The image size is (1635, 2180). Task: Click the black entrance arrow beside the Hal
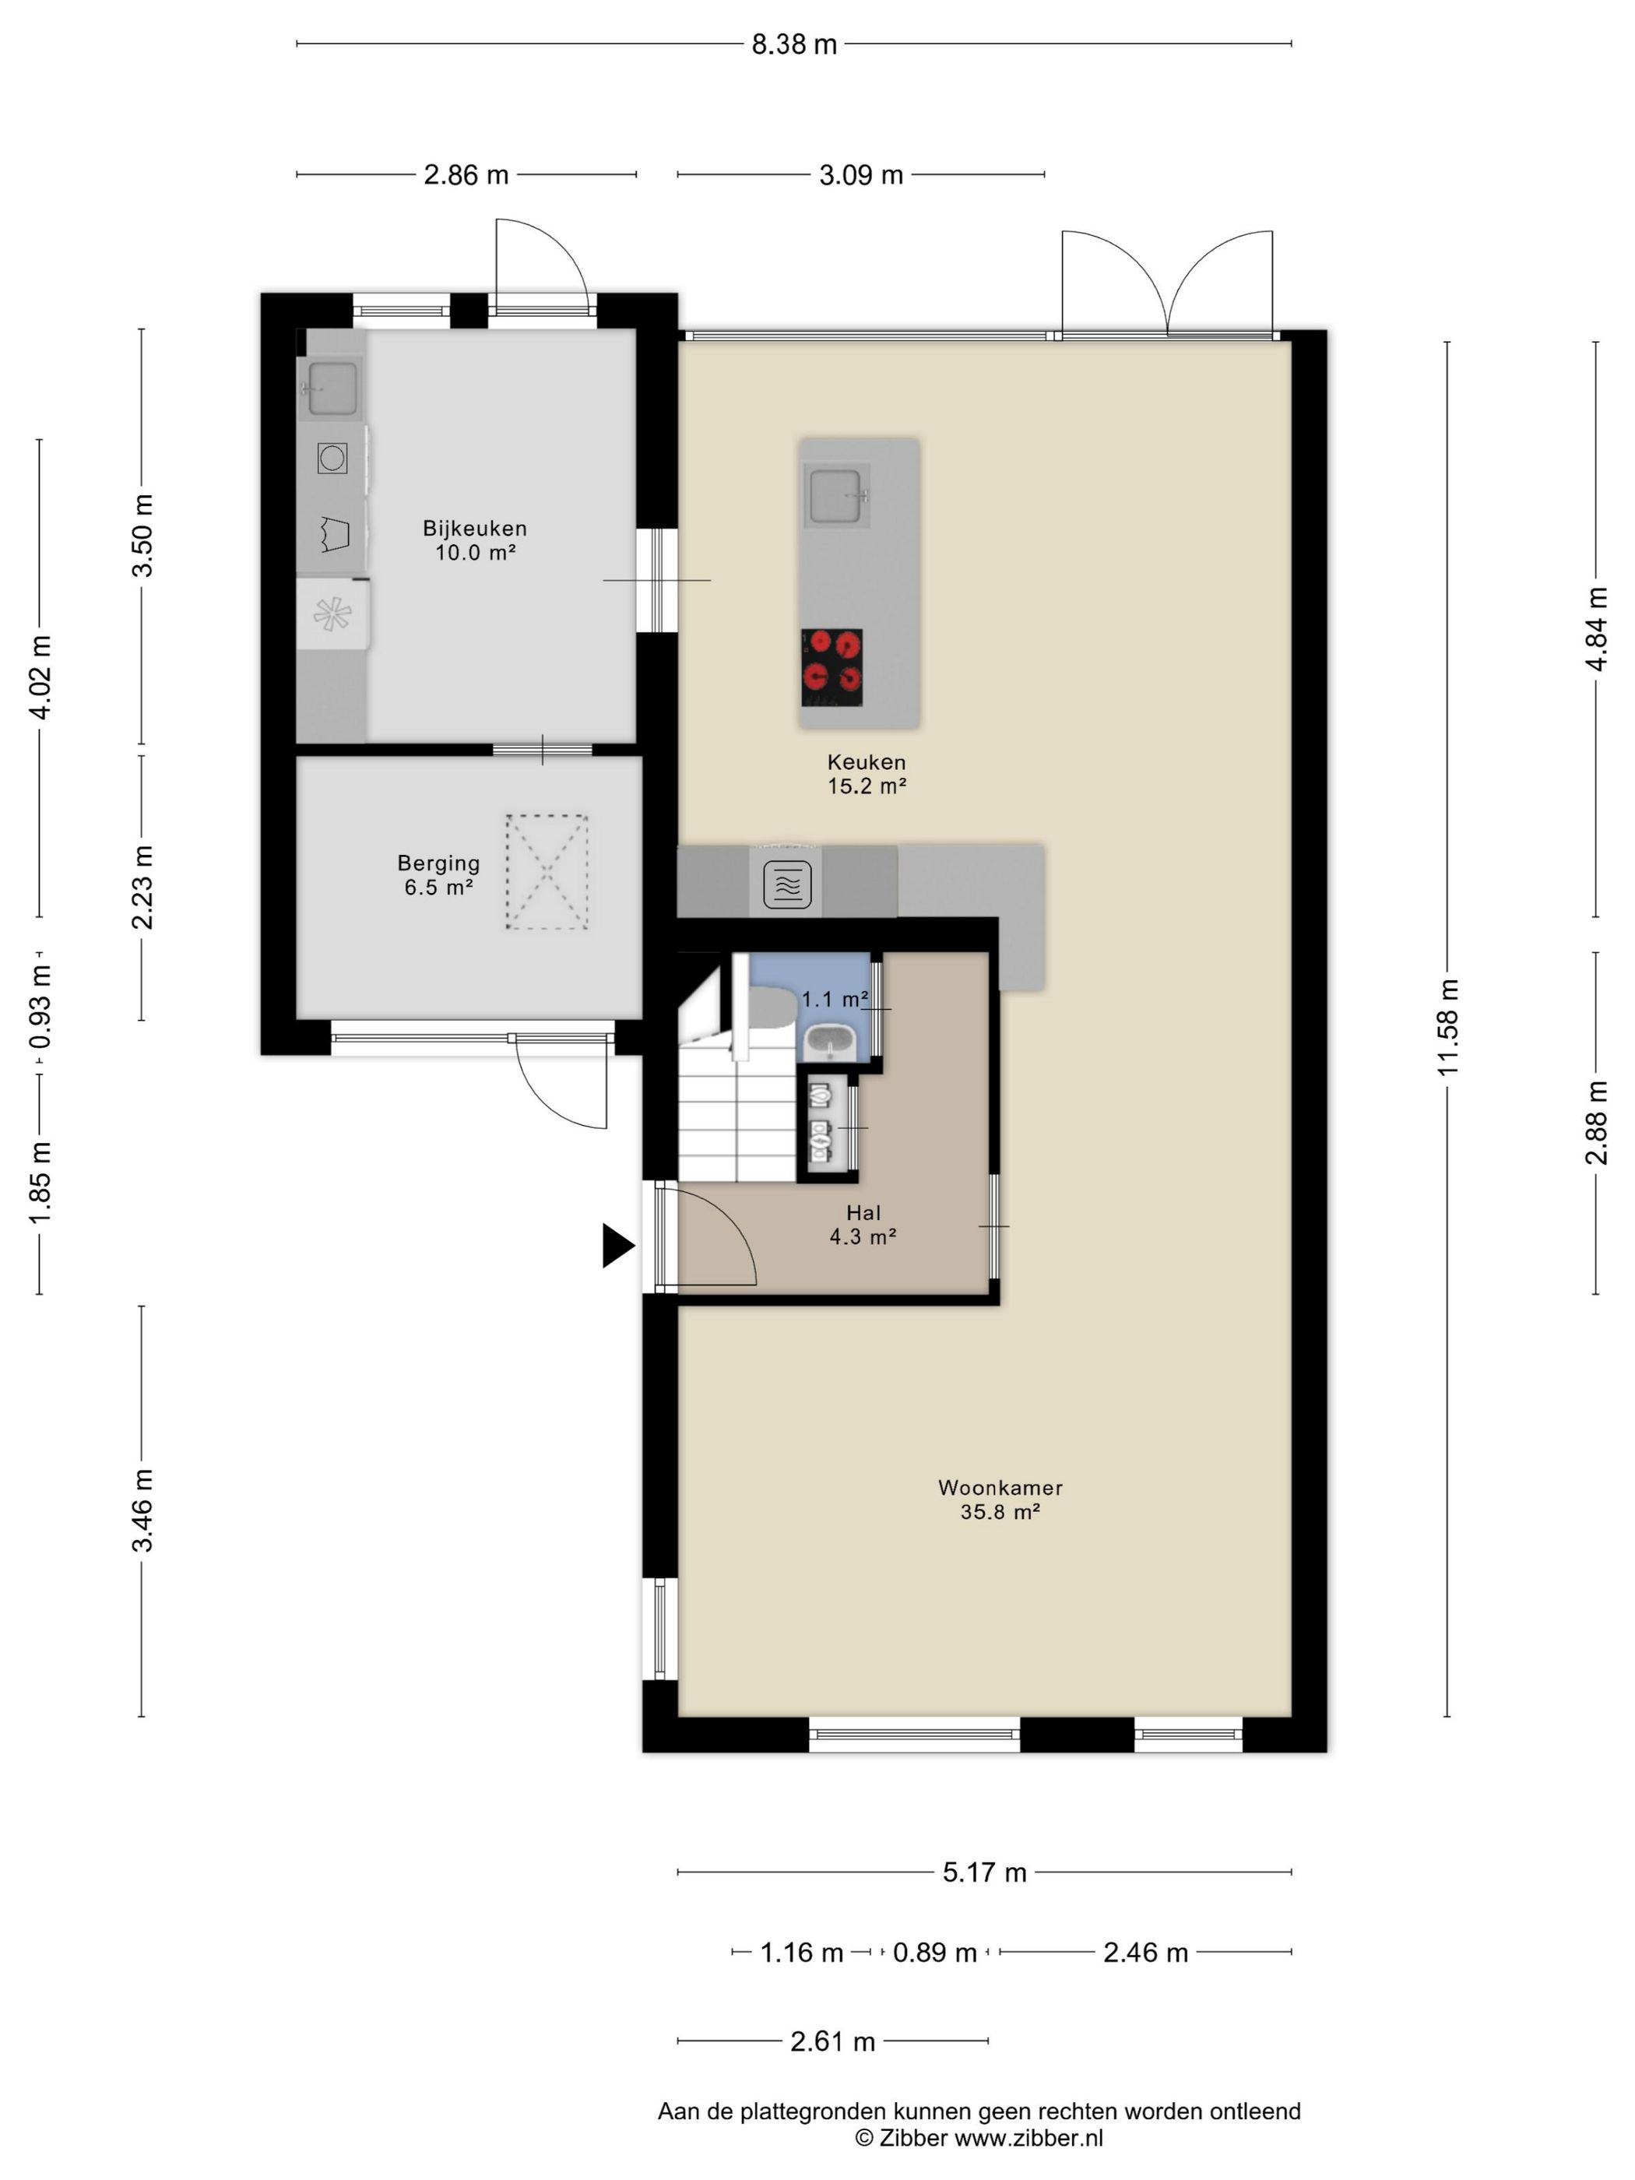(617, 1246)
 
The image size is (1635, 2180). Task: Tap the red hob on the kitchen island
(832, 667)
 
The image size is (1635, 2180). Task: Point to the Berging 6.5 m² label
(438, 875)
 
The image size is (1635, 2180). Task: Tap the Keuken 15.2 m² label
(867, 774)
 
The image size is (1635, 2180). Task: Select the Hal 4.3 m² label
(863, 1224)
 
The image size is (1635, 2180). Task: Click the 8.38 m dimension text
(794, 44)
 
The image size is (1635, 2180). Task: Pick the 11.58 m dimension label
(1447, 1027)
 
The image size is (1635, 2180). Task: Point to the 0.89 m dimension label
(934, 1953)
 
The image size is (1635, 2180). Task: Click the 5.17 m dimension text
(985, 1872)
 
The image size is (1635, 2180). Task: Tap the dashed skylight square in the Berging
(547, 871)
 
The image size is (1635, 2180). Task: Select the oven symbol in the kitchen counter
(787, 884)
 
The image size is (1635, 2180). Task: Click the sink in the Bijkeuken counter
(332, 389)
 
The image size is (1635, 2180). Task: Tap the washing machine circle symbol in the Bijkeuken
(332, 457)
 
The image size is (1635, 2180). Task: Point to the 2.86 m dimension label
(466, 175)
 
